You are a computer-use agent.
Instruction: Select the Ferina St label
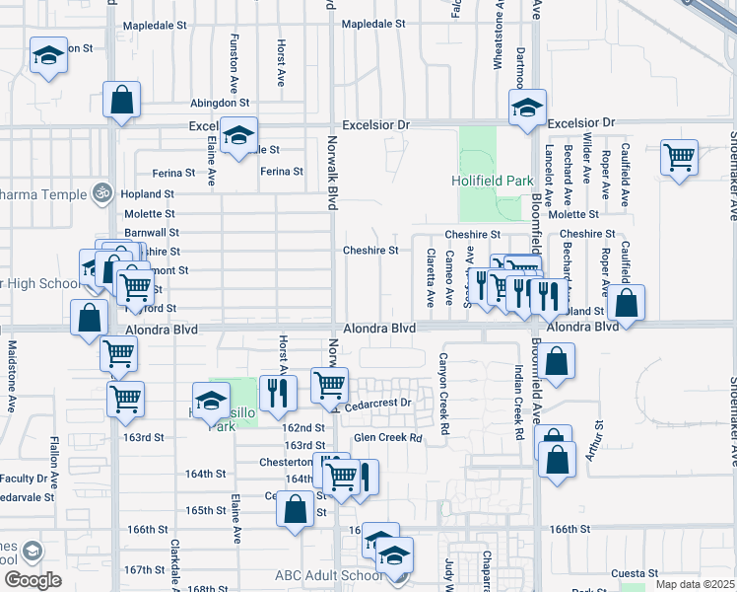(x=282, y=172)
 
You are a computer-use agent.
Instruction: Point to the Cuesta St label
(x=634, y=573)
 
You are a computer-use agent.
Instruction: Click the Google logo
(x=33, y=579)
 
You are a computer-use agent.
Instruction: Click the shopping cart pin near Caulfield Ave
(x=679, y=156)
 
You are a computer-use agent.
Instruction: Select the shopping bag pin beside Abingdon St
(x=122, y=100)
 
